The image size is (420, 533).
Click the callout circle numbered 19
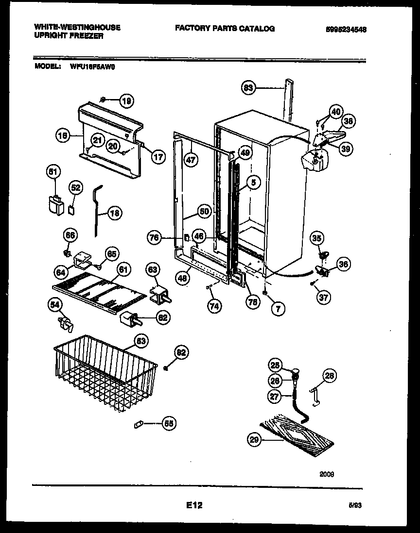click(126, 101)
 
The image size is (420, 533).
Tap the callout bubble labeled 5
click(254, 183)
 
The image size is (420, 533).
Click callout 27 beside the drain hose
click(275, 396)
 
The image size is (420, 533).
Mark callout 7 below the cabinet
click(279, 307)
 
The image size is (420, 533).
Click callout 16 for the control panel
click(63, 137)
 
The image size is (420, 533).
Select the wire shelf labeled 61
click(97, 290)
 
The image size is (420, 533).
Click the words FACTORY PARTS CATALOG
click(225, 29)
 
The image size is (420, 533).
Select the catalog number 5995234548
click(346, 29)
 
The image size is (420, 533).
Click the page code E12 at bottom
click(193, 505)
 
